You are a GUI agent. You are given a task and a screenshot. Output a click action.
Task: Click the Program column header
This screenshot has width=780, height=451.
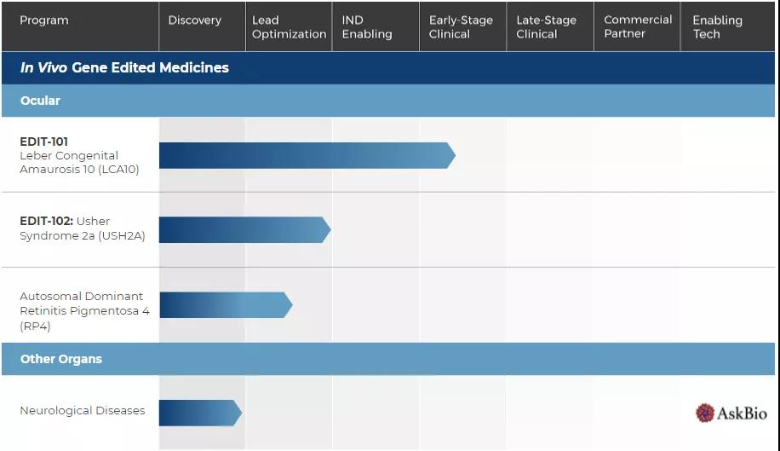click(x=44, y=20)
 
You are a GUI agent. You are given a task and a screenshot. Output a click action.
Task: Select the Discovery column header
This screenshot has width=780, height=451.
click(x=194, y=20)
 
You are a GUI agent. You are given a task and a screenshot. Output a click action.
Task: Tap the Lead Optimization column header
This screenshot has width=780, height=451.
click(x=289, y=27)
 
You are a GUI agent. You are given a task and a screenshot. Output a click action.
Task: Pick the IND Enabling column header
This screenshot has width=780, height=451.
click(x=367, y=27)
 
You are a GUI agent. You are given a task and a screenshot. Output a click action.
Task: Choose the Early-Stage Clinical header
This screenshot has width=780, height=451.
click(x=461, y=27)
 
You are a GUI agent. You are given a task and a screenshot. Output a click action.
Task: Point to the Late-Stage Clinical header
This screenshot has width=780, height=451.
click(x=546, y=27)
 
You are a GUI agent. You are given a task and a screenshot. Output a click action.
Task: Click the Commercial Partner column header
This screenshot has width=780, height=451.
click(x=638, y=26)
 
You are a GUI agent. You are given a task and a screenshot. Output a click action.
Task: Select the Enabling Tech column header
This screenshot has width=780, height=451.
click(x=717, y=27)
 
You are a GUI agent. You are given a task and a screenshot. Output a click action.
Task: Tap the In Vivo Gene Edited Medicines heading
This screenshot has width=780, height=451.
click(x=124, y=68)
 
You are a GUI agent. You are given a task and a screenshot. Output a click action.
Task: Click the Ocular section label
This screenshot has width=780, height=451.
click(x=40, y=101)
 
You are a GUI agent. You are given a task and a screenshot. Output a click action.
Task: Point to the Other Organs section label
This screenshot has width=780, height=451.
click(x=61, y=359)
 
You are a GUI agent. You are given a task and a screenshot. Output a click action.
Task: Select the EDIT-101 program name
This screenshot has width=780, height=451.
click(x=44, y=142)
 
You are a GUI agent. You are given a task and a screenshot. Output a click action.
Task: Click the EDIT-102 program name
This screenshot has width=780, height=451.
click(x=46, y=222)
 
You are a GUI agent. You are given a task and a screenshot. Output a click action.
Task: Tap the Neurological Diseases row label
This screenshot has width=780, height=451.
click(x=83, y=411)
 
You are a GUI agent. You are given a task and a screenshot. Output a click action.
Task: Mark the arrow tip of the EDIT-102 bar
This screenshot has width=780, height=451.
click(x=328, y=229)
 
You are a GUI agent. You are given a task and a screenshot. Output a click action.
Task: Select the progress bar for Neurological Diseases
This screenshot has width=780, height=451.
click(x=199, y=413)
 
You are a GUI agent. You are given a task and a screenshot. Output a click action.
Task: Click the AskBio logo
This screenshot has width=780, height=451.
click(x=731, y=413)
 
